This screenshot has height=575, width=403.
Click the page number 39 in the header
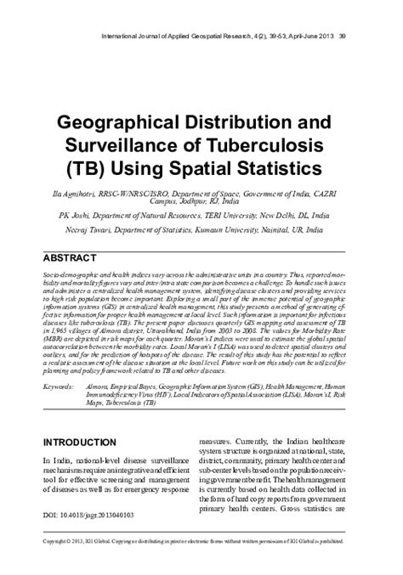pyautogui.click(x=366, y=37)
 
